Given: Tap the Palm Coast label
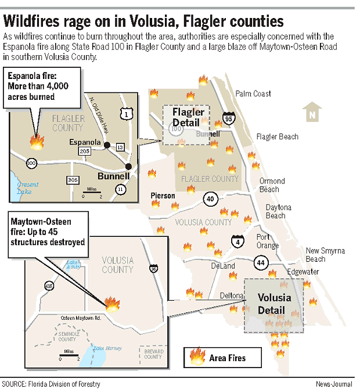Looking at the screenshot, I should point(253,93).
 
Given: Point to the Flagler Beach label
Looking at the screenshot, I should point(278,137).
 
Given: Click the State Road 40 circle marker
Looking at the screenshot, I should point(210,199).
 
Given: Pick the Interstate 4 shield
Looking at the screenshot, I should point(237,242).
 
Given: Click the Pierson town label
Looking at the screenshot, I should point(163,196).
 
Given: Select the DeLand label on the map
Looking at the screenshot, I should point(223,266).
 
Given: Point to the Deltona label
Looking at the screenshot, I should point(232,296).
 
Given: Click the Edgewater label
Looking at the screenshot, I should point(303,272).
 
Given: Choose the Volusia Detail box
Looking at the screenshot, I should point(274,304).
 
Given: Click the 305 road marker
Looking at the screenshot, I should point(72,179).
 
